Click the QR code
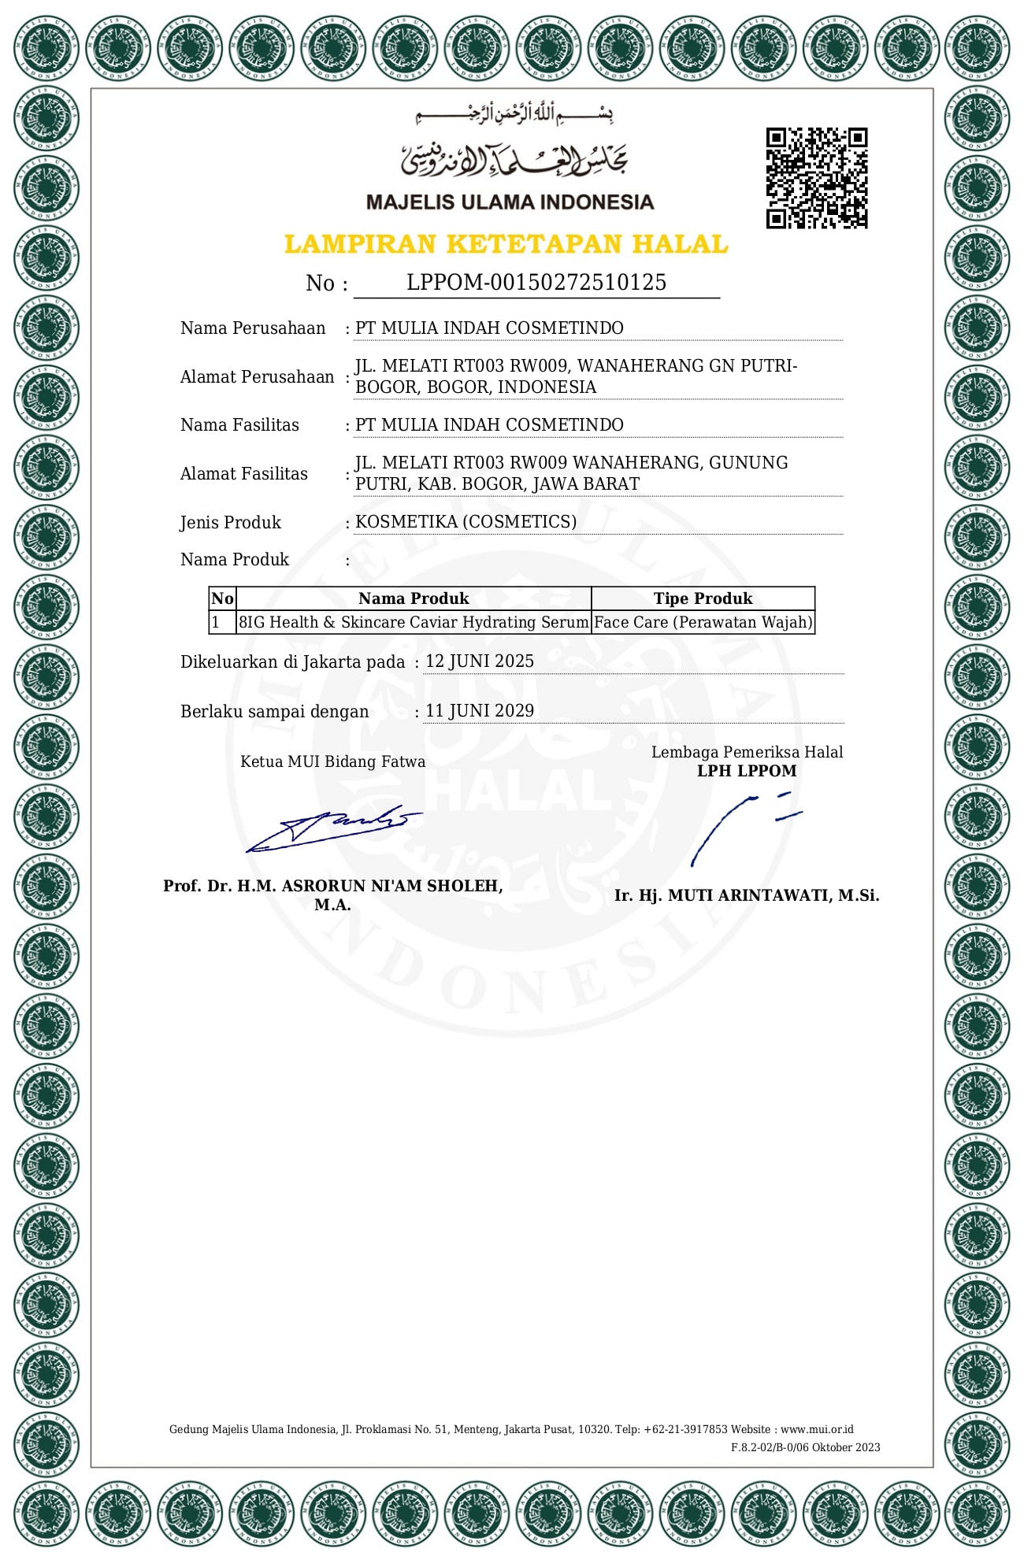pos(817,178)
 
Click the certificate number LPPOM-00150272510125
pos(536,283)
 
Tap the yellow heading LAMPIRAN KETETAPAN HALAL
pos(506,244)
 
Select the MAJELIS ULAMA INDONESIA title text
pos(510,202)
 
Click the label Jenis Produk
pos(230,523)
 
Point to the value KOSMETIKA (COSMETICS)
pos(466,522)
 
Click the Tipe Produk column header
pos(703,598)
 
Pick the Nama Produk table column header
pos(414,598)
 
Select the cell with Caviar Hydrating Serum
pos(414,622)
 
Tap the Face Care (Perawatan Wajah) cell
pos(703,622)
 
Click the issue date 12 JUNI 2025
pos(480,661)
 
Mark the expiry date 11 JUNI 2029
pos(480,711)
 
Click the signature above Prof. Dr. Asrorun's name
pos(335,828)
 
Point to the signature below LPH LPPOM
pos(744,827)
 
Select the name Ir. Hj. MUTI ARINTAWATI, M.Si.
pos(747,895)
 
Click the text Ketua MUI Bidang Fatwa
pos(332,761)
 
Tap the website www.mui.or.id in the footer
pos(817,1429)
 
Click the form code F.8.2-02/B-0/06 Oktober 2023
pos(805,1447)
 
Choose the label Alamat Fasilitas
pos(244,474)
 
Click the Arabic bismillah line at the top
pos(514,115)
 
